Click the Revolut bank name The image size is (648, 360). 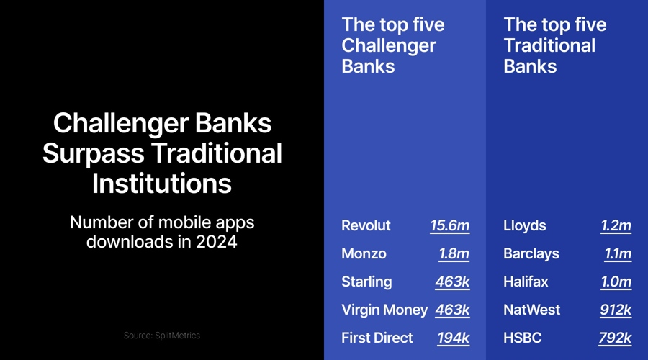366,226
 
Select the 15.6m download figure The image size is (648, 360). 449,226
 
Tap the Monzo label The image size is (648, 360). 364,254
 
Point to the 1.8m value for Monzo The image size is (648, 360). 454,254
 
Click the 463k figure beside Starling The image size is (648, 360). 452,282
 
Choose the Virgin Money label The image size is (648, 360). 384,310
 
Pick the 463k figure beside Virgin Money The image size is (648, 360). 452,310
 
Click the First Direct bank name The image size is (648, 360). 377,338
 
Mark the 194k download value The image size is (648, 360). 453,338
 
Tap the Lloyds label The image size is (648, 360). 525,226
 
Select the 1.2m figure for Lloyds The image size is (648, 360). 616,226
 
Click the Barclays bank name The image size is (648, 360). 531,254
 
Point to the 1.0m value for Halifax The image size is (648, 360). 616,282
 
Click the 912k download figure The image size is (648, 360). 616,310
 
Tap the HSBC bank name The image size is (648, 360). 523,338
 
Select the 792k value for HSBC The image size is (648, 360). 615,338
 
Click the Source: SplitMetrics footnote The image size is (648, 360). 162,336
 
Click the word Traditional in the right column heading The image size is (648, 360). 549,45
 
